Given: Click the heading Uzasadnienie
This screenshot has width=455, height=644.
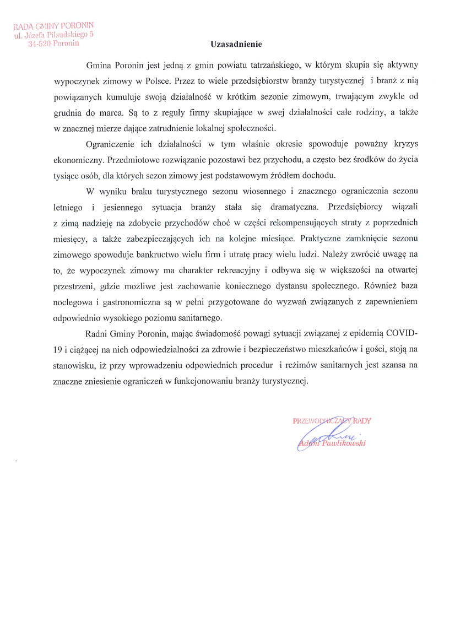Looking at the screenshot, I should tap(236, 44).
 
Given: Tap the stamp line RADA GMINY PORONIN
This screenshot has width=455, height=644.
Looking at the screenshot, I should tap(54, 26).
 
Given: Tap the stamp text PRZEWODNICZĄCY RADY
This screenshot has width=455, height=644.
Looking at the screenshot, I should tap(332, 421).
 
